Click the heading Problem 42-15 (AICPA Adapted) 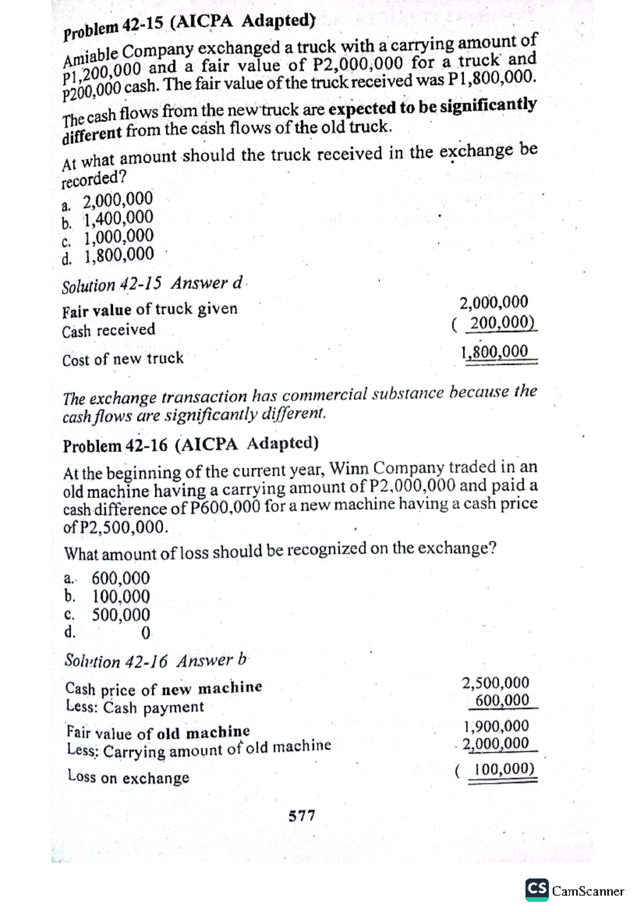click(x=188, y=27)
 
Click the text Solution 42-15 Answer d click(x=153, y=284)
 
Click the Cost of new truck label click(x=123, y=359)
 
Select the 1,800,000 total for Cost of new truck click(x=495, y=352)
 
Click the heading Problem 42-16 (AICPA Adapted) click(x=191, y=445)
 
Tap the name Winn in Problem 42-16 click(x=348, y=468)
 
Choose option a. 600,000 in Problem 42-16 click(x=107, y=578)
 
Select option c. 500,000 click(x=107, y=615)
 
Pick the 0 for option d click(x=145, y=633)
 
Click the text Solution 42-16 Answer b click(x=155, y=661)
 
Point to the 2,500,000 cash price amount click(x=495, y=683)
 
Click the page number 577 click(x=302, y=816)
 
